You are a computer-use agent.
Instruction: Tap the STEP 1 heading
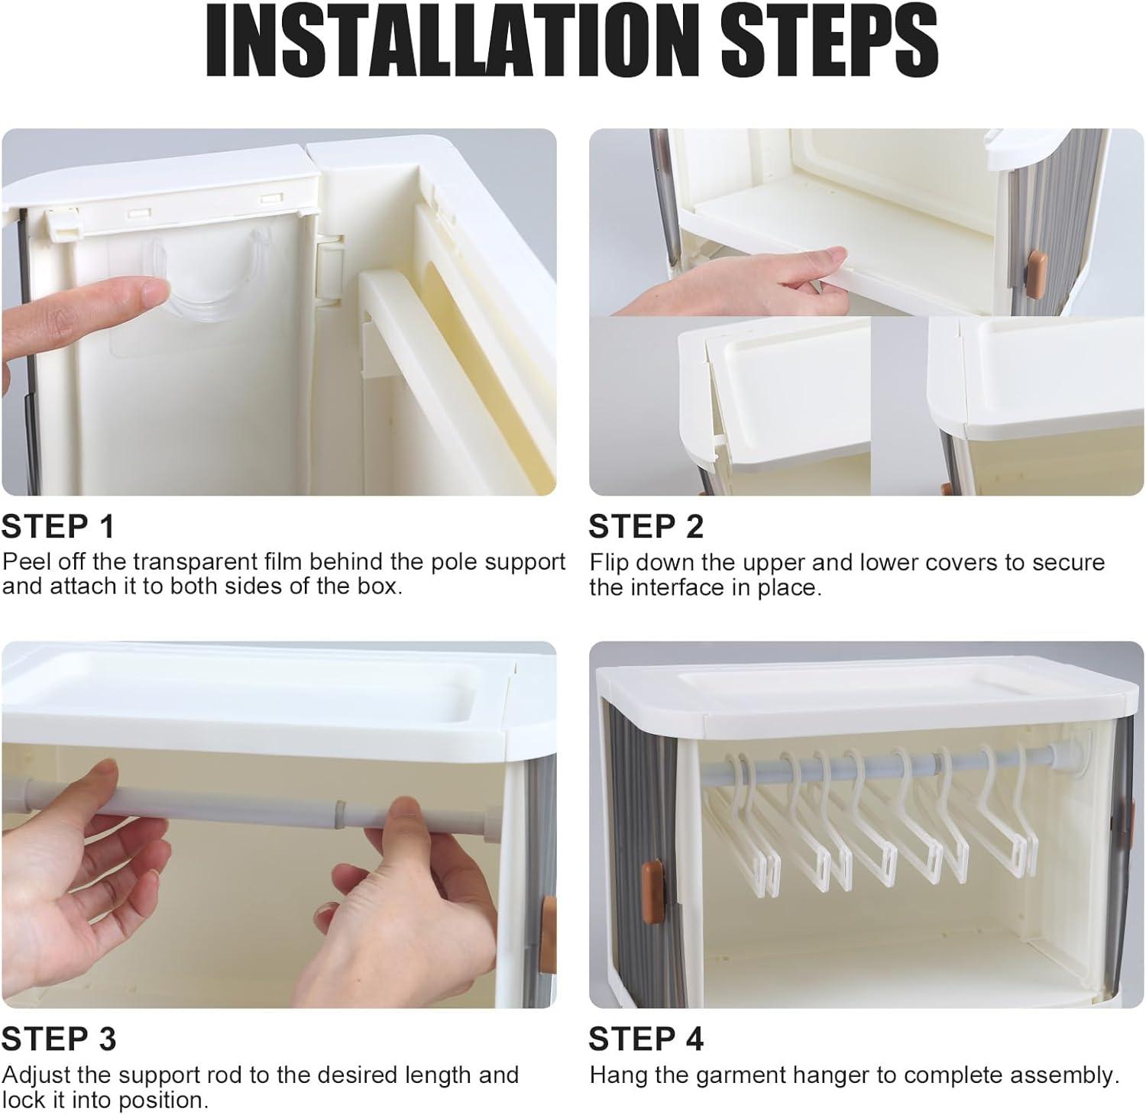(58, 527)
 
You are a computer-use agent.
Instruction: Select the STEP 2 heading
(646, 527)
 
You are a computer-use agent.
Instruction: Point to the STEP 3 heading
(59, 1039)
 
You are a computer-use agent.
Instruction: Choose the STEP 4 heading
(646, 1039)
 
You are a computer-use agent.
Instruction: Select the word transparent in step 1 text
(193, 561)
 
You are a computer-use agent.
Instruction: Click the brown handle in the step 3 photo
(547, 916)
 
